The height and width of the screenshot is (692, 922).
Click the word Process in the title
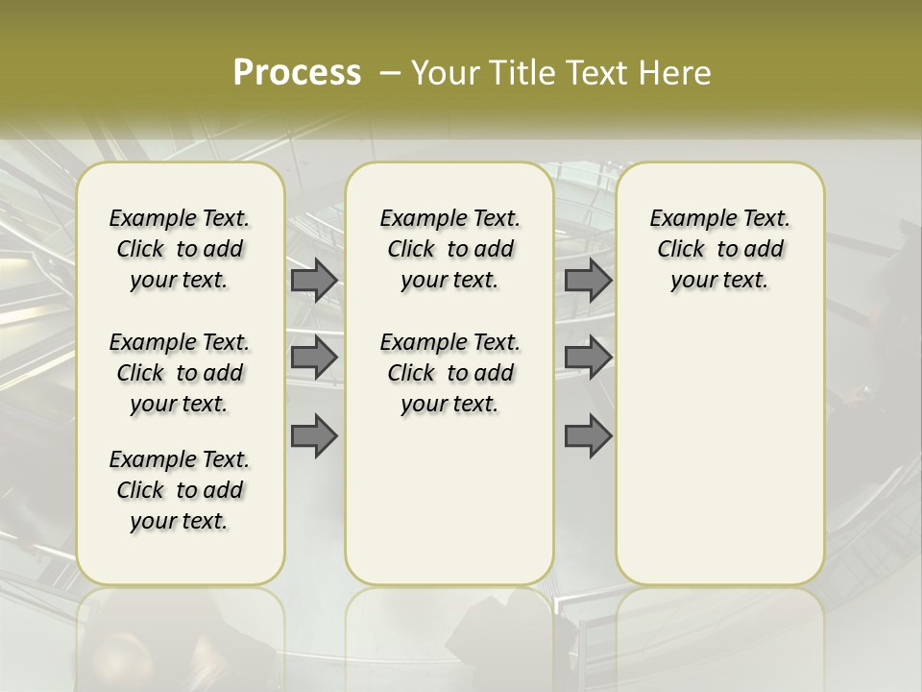point(297,73)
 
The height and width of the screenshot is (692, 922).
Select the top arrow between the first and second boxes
point(314,280)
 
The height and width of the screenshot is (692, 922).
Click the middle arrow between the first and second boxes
point(314,358)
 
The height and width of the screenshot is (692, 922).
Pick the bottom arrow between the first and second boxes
point(314,437)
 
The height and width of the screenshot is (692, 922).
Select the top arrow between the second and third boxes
point(589,280)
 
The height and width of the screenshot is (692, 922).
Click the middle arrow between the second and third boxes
point(589,358)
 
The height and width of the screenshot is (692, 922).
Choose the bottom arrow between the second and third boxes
point(589,437)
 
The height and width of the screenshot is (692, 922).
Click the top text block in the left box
point(180,249)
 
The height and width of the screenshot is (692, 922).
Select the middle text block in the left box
point(180,373)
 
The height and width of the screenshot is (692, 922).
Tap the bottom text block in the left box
point(180,490)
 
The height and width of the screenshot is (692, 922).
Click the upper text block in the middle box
point(449,249)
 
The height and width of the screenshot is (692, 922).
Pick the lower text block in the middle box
point(449,373)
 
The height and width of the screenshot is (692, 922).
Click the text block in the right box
point(719,249)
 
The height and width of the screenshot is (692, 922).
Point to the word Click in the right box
point(681,249)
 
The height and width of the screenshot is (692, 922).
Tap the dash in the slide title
point(391,73)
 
